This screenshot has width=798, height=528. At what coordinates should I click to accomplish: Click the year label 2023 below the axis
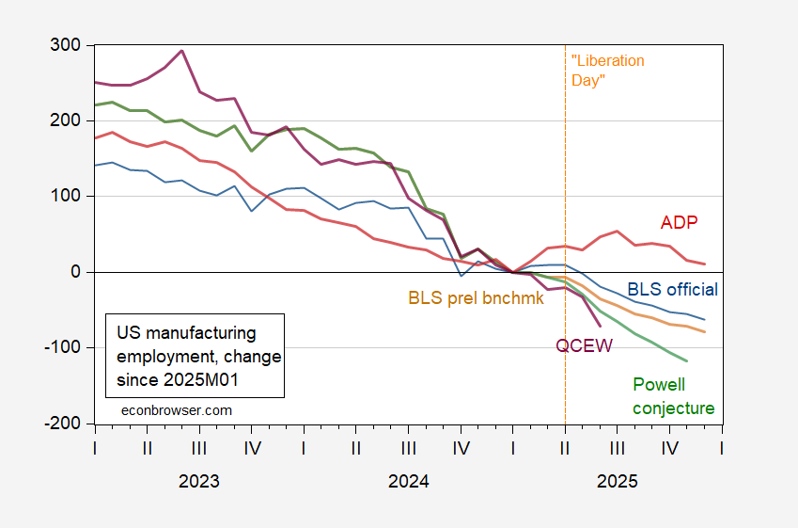(199, 482)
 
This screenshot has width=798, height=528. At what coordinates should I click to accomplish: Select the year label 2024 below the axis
(408, 482)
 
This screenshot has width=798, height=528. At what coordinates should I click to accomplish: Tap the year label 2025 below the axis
(617, 482)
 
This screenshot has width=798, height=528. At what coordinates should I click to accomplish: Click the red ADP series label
(679, 222)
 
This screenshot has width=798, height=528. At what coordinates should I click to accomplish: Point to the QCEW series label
(584, 345)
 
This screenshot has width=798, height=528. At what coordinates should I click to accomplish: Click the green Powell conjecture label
(673, 396)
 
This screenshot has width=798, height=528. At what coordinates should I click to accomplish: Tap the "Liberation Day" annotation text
(608, 71)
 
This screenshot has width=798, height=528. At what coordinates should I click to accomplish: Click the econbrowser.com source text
(177, 410)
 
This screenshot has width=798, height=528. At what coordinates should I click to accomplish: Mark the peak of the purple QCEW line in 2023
(181, 51)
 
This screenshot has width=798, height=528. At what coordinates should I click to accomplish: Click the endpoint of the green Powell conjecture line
(687, 361)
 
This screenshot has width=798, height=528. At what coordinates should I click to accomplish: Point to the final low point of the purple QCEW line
(601, 326)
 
